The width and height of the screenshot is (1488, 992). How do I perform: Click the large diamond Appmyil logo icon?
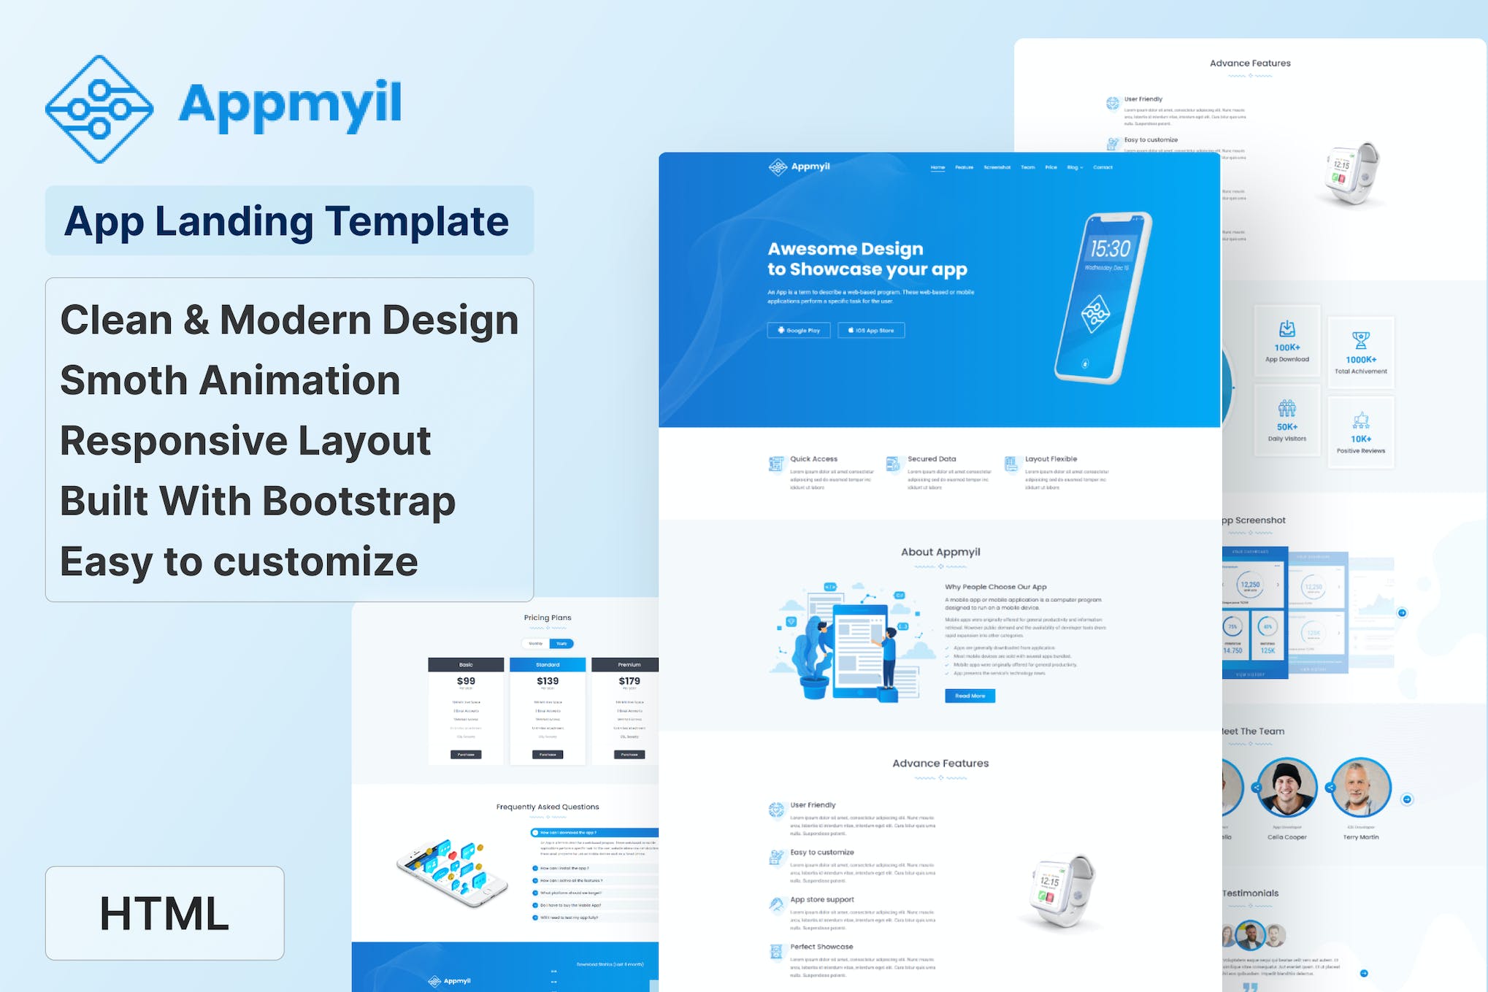(x=99, y=109)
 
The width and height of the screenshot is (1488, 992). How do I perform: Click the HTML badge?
(x=164, y=913)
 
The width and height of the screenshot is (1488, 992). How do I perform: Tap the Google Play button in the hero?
(x=799, y=331)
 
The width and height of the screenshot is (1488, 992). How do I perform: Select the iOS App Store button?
(x=871, y=331)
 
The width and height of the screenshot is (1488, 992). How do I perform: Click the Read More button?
(x=970, y=696)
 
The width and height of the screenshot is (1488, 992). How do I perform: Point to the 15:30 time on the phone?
(x=1110, y=250)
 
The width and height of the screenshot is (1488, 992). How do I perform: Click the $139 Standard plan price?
(x=548, y=681)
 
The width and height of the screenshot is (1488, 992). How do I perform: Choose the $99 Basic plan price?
(x=466, y=681)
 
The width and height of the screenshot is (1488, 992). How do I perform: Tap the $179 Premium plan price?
(x=629, y=681)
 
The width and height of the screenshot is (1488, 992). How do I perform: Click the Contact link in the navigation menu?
(x=1102, y=167)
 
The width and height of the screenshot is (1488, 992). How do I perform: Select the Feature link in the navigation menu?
(x=964, y=167)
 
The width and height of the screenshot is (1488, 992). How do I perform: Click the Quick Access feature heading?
(x=813, y=459)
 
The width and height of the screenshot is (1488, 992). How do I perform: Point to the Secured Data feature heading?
(x=932, y=459)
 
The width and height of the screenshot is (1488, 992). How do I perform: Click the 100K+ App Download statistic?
(x=1287, y=347)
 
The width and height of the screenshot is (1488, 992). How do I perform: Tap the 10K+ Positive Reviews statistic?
(x=1361, y=439)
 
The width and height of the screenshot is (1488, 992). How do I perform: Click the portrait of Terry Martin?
(x=1361, y=787)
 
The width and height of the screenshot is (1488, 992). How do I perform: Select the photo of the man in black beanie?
(x=1286, y=787)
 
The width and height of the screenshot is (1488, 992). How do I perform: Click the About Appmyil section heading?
(x=940, y=552)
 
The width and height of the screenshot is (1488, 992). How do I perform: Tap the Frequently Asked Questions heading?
(x=548, y=807)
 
